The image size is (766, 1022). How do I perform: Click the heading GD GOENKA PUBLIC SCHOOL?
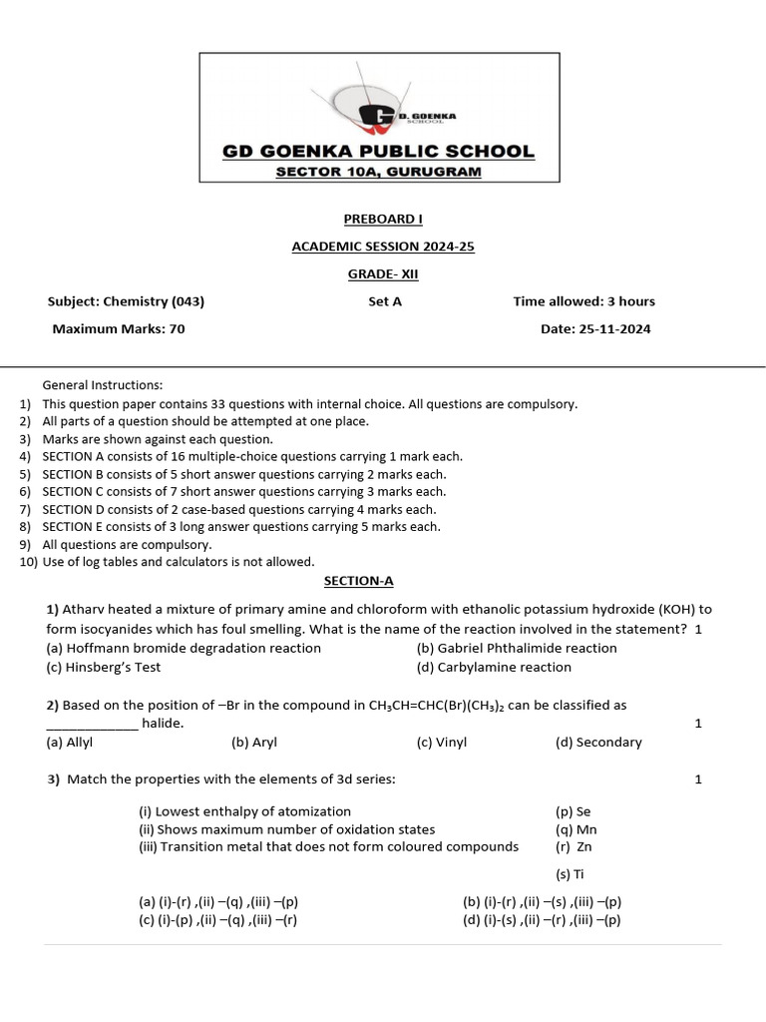378,152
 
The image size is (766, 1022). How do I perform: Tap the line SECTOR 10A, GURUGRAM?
378,172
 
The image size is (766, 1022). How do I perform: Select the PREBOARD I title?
378,220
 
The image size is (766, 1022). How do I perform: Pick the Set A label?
385,301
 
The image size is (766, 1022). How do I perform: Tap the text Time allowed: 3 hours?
583,301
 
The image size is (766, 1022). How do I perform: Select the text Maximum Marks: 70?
119,328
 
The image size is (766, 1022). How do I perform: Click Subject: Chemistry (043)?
126,301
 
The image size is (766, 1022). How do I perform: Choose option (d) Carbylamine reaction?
494,667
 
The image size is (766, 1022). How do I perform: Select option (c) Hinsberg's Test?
104,667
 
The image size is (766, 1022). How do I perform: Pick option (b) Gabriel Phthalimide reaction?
517,648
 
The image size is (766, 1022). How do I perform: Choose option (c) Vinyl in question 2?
441,742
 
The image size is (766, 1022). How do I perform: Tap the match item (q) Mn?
575,828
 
